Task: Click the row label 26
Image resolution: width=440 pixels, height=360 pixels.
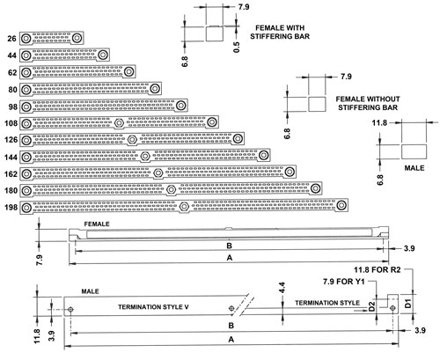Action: point(11,39)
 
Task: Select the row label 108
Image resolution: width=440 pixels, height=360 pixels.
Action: point(11,123)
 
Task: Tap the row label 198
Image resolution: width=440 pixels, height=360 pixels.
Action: point(11,208)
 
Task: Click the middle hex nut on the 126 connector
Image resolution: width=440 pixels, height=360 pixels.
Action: point(132,139)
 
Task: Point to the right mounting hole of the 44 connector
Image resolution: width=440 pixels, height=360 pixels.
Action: point(103,55)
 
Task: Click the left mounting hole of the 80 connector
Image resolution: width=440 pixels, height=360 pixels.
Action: point(26,89)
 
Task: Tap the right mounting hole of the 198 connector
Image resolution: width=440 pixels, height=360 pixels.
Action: point(341,205)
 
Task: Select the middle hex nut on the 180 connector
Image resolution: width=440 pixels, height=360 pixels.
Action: point(171,190)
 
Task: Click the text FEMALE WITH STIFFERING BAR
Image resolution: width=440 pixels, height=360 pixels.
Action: point(280,33)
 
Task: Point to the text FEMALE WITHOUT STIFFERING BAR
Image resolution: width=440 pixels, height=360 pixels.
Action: point(368,103)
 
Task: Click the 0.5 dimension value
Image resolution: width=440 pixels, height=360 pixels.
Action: point(237,48)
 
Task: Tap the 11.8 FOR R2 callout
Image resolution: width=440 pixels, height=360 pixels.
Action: point(378,269)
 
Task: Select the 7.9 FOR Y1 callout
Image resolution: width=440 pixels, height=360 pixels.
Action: point(344,282)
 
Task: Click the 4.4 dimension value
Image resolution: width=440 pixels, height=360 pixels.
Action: point(282,288)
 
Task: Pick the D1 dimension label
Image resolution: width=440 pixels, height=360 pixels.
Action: point(407,304)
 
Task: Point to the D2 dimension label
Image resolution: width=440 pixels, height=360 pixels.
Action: point(371,306)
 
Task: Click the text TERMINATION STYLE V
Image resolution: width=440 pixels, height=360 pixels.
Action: point(153,307)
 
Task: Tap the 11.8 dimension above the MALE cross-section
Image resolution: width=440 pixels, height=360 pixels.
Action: point(379,122)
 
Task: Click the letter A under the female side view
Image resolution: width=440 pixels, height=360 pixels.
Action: point(230,258)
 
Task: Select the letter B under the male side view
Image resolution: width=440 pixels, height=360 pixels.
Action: point(231,326)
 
